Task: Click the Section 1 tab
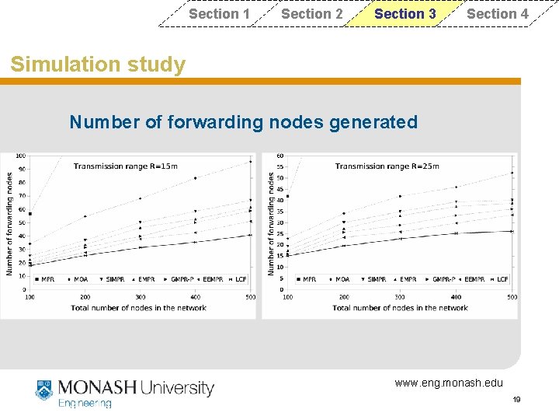(x=219, y=14)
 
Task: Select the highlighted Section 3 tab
(x=404, y=14)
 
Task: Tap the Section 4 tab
(x=497, y=14)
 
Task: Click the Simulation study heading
(x=98, y=65)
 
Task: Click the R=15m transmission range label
(x=125, y=166)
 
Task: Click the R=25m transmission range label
(x=387, y=166)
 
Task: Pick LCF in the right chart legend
(x=502, y=278)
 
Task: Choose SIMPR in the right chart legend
(x=377, y=278)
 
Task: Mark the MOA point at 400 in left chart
(x=195, y=178)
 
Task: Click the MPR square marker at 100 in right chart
(x=288, y=197)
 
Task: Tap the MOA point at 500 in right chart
(x=512, y=173)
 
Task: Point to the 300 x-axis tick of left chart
(x=140, y=297)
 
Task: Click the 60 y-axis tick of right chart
(x=279, y=156)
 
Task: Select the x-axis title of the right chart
(x=400, y=308)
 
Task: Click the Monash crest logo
(x=43, y=390)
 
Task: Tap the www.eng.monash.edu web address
(x=448, y=383)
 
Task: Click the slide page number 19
(x=516, y=399)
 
